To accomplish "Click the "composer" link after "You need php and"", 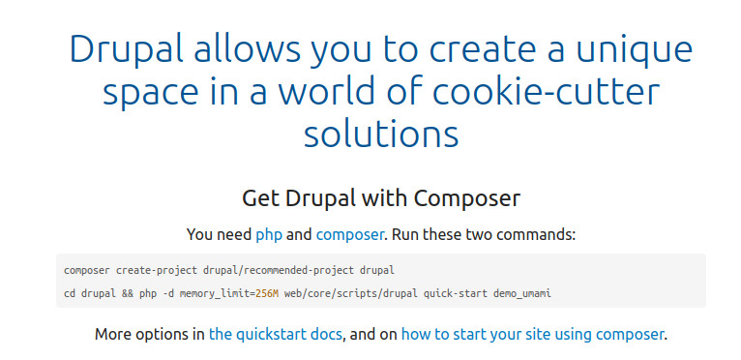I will [350, 234].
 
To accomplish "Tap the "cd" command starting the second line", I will [69, 292].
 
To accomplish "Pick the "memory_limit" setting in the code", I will [205, 292].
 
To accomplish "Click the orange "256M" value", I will [255, 292].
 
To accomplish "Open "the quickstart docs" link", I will [276, 335].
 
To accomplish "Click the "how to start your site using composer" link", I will [532, 335].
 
